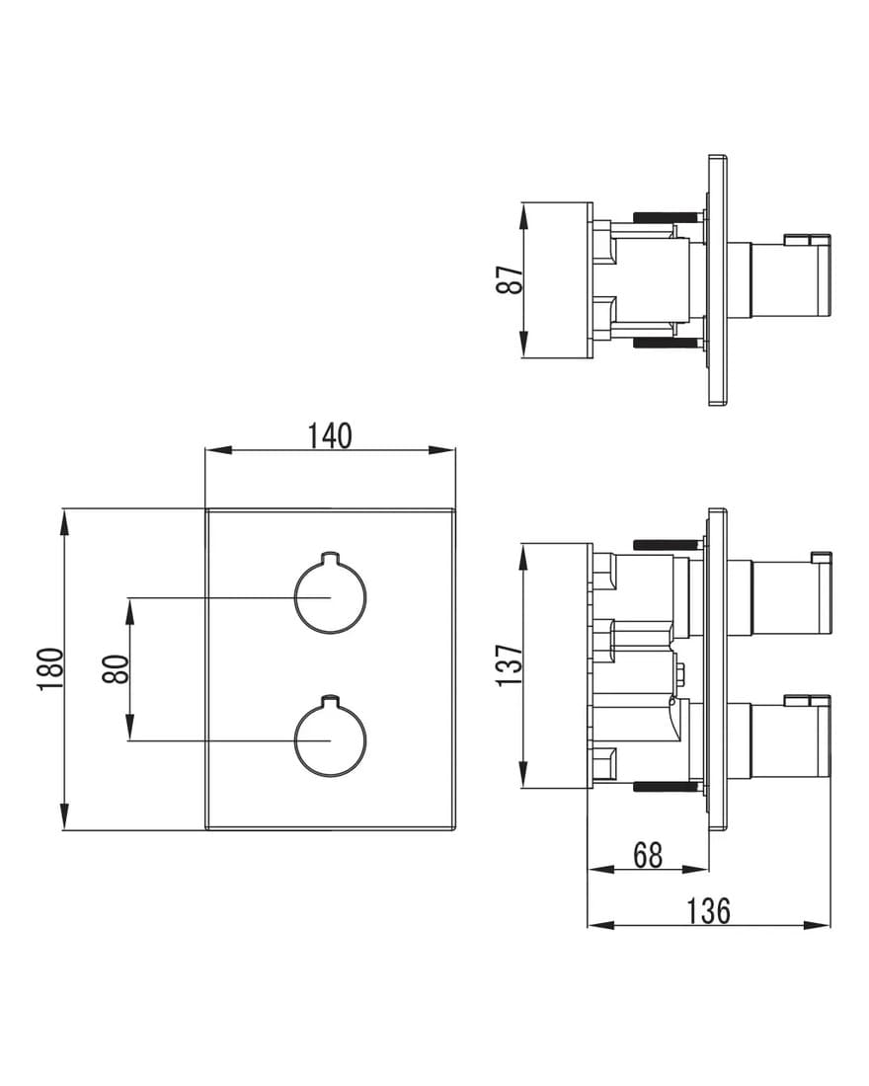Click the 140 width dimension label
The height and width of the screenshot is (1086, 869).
pyautogui.click(x=330, y=435)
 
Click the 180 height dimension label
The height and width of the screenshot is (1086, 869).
pyautogui.click(x=50, y=668)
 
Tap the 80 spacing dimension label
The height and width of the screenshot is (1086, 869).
pyautogui.click(x=116, y=669)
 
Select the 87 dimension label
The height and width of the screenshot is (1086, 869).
pyautogui.click(x=510, y=279)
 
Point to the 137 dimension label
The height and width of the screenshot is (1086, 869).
pyautogui.click(x=510, y=665)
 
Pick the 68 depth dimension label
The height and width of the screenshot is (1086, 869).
pyautogui.click(x=648, y=855)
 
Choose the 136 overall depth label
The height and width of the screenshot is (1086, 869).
pyautogui.click(x=708, y=911)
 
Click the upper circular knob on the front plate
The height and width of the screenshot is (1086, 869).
pyautogui.click(x=331, y=595)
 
